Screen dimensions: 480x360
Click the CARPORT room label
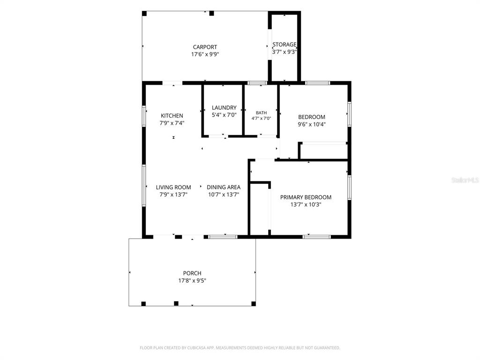205,47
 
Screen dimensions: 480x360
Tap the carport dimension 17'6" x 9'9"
205,54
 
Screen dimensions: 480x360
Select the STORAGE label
285,45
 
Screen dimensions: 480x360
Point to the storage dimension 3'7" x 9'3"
285,52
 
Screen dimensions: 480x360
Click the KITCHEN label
172,116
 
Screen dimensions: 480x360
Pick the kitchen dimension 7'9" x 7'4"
172,123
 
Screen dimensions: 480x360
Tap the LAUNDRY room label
224,108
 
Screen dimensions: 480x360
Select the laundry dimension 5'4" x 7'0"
224,115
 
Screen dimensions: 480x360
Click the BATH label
262,112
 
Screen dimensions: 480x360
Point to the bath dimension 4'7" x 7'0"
262,118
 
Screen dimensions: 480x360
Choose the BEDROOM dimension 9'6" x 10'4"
312,124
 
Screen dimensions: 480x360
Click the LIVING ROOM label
173,187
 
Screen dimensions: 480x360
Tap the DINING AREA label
224,187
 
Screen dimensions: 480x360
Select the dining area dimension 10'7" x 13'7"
224,195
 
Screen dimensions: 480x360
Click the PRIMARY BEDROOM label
306,197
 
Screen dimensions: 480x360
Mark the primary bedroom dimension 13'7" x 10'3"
306,205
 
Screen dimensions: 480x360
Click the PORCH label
192,273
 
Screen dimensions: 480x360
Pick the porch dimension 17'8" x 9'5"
192,281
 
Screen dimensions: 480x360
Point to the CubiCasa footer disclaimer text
240,348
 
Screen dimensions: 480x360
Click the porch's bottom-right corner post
254,304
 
